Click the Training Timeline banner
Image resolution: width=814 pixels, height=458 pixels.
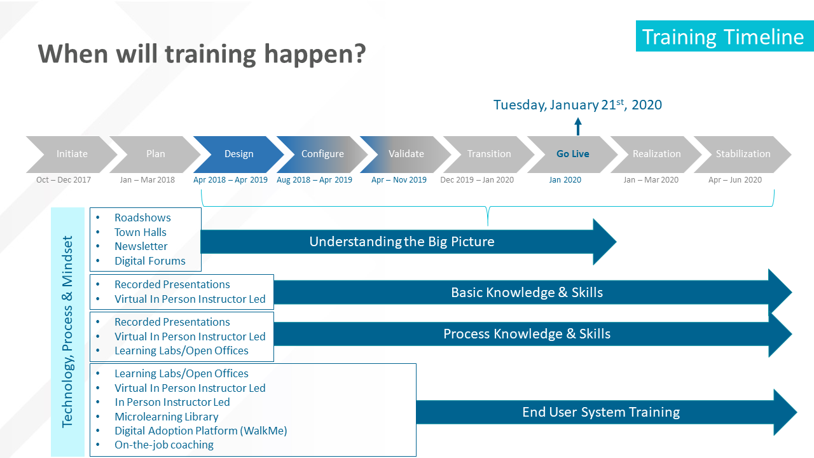[724, 36]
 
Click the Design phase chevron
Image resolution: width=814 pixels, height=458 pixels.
[238, 154]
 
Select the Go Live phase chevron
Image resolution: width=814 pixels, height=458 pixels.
[573, 154]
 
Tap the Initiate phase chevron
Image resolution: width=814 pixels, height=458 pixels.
[72, 154]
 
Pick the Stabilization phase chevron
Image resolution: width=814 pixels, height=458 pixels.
[743, 154]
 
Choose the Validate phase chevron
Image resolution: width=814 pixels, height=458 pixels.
[406, 154]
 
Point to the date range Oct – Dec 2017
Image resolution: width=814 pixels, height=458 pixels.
[64, 180]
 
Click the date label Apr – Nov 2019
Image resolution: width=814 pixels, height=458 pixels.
[399, 180]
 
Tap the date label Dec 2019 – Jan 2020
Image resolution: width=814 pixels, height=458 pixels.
[477, 180]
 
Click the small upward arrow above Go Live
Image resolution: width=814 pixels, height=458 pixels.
[578, 127]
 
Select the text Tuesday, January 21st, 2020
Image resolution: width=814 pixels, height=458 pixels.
[577, 105]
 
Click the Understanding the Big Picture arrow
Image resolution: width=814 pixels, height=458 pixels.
[408, 242]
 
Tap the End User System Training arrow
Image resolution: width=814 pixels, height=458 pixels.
[607, 412]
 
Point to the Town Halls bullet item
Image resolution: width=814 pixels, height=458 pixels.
[141, 232]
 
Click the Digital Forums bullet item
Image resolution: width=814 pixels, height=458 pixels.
[149, 261]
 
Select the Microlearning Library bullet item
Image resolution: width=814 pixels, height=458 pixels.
[167, 417]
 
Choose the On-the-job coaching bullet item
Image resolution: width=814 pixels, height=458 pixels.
[164, 445]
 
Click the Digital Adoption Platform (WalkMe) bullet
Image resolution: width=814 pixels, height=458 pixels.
[200, 431]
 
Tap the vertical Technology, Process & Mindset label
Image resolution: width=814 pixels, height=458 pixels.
[67, 332]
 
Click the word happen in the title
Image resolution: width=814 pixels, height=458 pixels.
[315, 55]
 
